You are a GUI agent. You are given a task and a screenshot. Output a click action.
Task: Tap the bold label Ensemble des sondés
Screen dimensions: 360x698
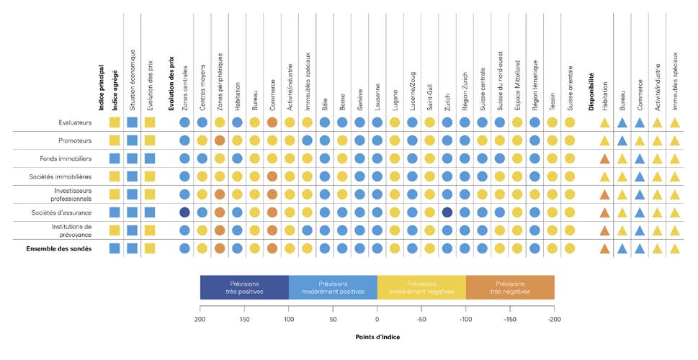coord(63,248)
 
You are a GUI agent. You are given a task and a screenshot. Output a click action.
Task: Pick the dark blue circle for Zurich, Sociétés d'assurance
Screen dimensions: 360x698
coord(447,212)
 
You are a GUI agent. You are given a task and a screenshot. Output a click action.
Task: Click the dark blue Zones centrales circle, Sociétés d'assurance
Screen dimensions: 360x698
coord(184,212)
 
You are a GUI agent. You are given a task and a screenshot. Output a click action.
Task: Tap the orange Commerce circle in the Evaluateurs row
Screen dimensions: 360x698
coord(272,122)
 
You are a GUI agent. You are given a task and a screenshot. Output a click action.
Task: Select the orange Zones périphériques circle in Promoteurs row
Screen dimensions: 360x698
coord(220,140)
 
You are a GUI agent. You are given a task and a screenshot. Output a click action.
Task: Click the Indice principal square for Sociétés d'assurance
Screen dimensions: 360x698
coord(115,212)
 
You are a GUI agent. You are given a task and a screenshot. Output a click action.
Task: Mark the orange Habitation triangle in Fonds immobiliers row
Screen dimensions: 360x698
coord(604,158)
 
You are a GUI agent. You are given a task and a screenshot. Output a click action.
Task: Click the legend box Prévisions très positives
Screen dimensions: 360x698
coord(244,287)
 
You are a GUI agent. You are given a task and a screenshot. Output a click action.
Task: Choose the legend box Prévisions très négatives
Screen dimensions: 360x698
coord(510,287)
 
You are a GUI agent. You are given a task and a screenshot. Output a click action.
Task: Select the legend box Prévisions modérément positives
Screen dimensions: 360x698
coord(333,287)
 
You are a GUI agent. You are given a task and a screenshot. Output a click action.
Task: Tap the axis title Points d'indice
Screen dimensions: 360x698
coord(377,337)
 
